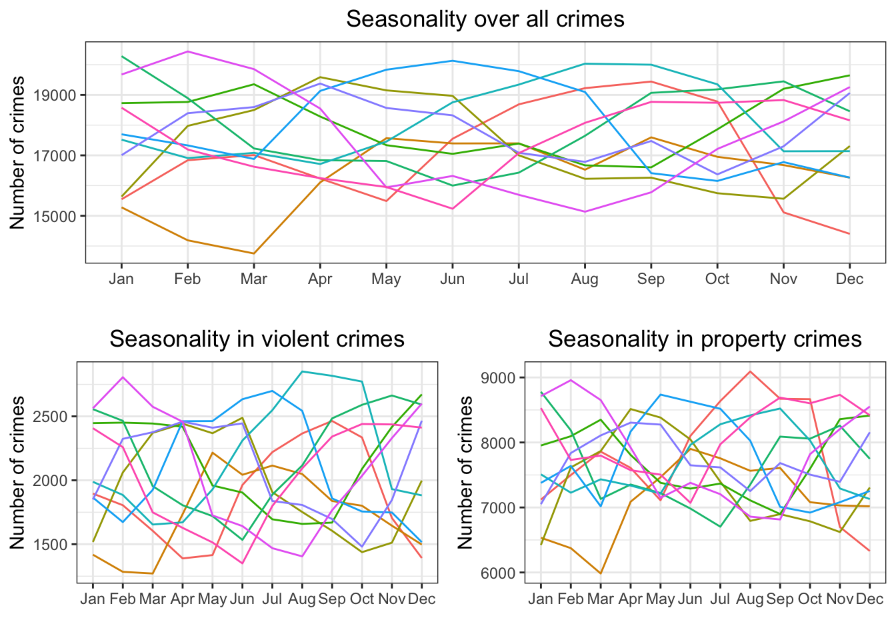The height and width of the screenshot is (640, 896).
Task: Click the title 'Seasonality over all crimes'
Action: tap(485, 19)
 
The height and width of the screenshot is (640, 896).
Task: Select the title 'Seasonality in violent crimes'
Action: tap(257, 339)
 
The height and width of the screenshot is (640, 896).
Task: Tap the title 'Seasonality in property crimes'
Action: tap(705, 339)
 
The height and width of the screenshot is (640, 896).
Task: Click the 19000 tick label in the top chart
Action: tap(55, 95)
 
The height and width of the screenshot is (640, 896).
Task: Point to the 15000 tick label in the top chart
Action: tap(55, 217)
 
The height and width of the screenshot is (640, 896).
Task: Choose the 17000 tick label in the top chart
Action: tap(55, 156)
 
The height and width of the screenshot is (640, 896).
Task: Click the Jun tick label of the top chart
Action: tap(452, 279)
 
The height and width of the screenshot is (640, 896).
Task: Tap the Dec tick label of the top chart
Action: tap(849, 279)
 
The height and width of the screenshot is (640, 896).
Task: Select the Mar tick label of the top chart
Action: tap(253, 279)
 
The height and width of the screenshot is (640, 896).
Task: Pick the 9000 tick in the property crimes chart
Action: tap(499, 378)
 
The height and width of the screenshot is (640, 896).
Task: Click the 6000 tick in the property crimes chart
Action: tap(499, 573)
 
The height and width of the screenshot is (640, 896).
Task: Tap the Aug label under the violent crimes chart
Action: tap(301, 599)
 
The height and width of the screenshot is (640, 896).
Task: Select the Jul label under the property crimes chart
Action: tap(720, 599)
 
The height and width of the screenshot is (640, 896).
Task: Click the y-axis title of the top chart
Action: tap(18, 153)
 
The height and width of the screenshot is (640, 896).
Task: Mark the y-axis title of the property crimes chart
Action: tap(466, 473)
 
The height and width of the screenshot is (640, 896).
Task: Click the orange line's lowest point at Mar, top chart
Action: tap(253, 253)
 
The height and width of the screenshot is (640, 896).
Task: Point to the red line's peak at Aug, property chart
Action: tap(750, 371)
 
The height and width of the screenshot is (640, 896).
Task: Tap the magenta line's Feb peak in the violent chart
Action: tap(123, 377)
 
